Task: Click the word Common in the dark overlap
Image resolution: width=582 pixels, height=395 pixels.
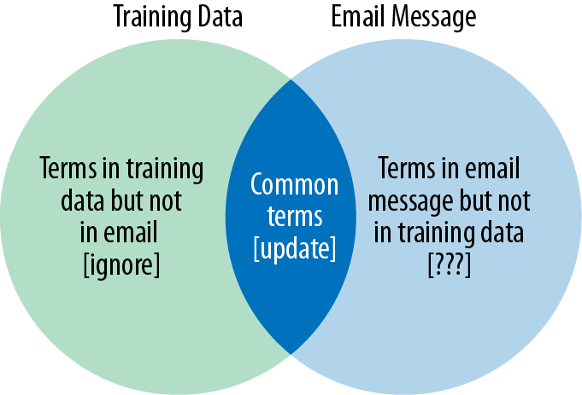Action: point(294,184)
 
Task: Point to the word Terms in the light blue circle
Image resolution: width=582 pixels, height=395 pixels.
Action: point(407,169)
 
